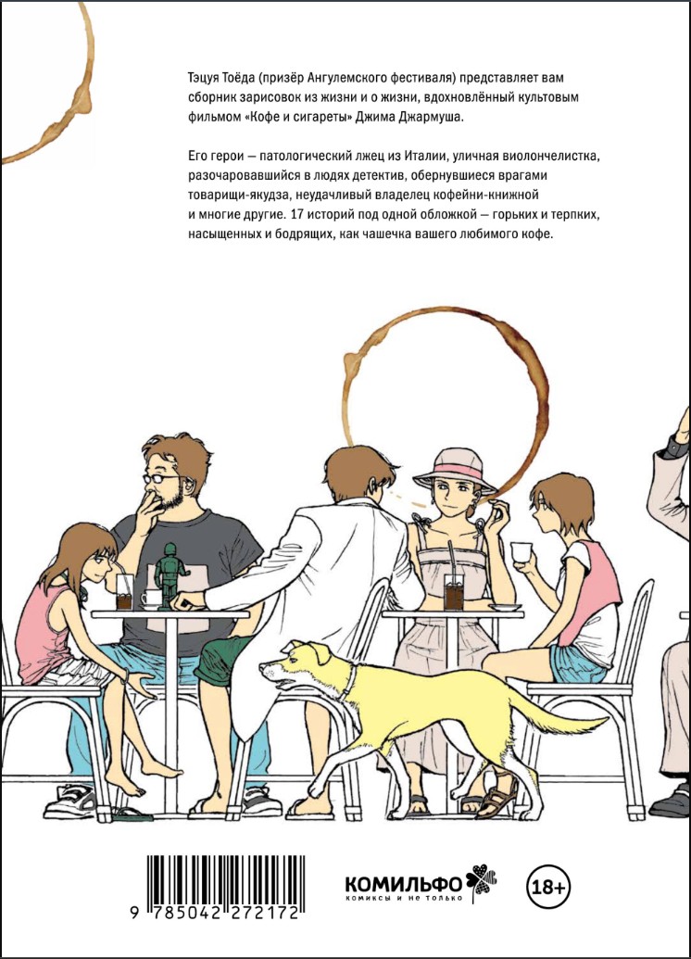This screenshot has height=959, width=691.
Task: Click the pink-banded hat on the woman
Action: tap(455, 470)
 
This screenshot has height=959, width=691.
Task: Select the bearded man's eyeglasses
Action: tap(159, 478)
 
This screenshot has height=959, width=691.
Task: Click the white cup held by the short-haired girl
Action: tap(521, 551)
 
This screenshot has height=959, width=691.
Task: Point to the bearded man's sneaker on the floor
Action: tap(71, 801)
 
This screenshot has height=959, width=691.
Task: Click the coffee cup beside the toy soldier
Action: tap(151, 599)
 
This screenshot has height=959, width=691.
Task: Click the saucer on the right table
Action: tap(505, 607)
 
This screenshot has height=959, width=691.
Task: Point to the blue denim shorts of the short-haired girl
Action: tap(577, 663)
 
